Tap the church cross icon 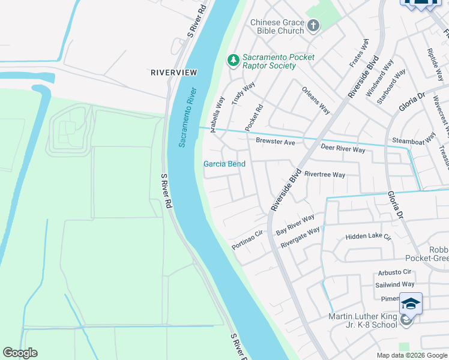(313, 25)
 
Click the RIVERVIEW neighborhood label (173, 72)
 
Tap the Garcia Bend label (224, 164)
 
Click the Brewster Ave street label (276, 142)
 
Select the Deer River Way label (343, 148)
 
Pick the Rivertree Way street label (325, 175)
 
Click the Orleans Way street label (316, 101)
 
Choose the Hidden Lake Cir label (368, 237)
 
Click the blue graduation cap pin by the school (411, 304)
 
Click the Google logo (20, 353)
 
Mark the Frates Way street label (359, 53)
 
